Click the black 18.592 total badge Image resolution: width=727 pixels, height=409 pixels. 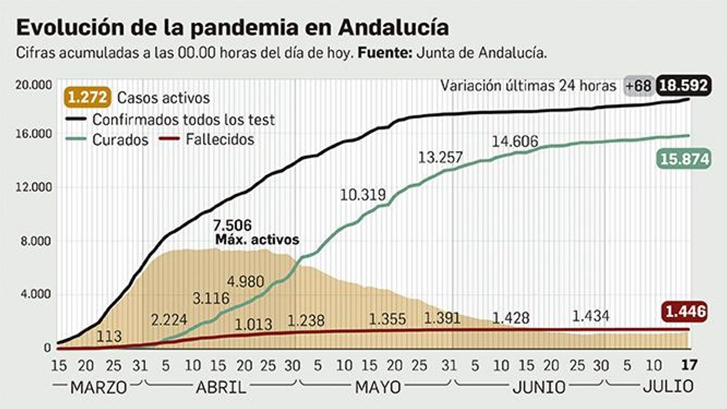point(683,85)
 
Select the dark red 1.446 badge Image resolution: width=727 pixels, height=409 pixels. point(685,312)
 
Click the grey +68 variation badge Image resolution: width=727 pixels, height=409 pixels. point(638,86)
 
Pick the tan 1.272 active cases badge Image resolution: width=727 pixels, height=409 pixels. point(88,98)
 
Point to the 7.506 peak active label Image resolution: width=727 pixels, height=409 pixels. point(233,225)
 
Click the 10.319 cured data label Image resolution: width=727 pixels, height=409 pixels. point(363,195)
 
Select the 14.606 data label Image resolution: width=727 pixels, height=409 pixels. point(515,142)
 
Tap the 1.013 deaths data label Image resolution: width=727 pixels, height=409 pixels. point(254,324)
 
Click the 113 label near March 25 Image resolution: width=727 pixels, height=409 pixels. point(109,336)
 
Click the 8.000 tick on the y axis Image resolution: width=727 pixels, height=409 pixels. point(35,241)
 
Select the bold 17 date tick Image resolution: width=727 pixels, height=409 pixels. point(689,365)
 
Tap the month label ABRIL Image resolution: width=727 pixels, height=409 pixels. point(221,387)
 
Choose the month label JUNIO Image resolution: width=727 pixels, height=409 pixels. point(538,387)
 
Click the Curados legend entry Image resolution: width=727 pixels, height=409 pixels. point(120,140)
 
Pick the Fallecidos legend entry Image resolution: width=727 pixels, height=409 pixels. point(219,139)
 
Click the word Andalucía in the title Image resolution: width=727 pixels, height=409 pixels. point(393,27)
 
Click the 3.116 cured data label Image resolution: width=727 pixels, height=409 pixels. point(211,299)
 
